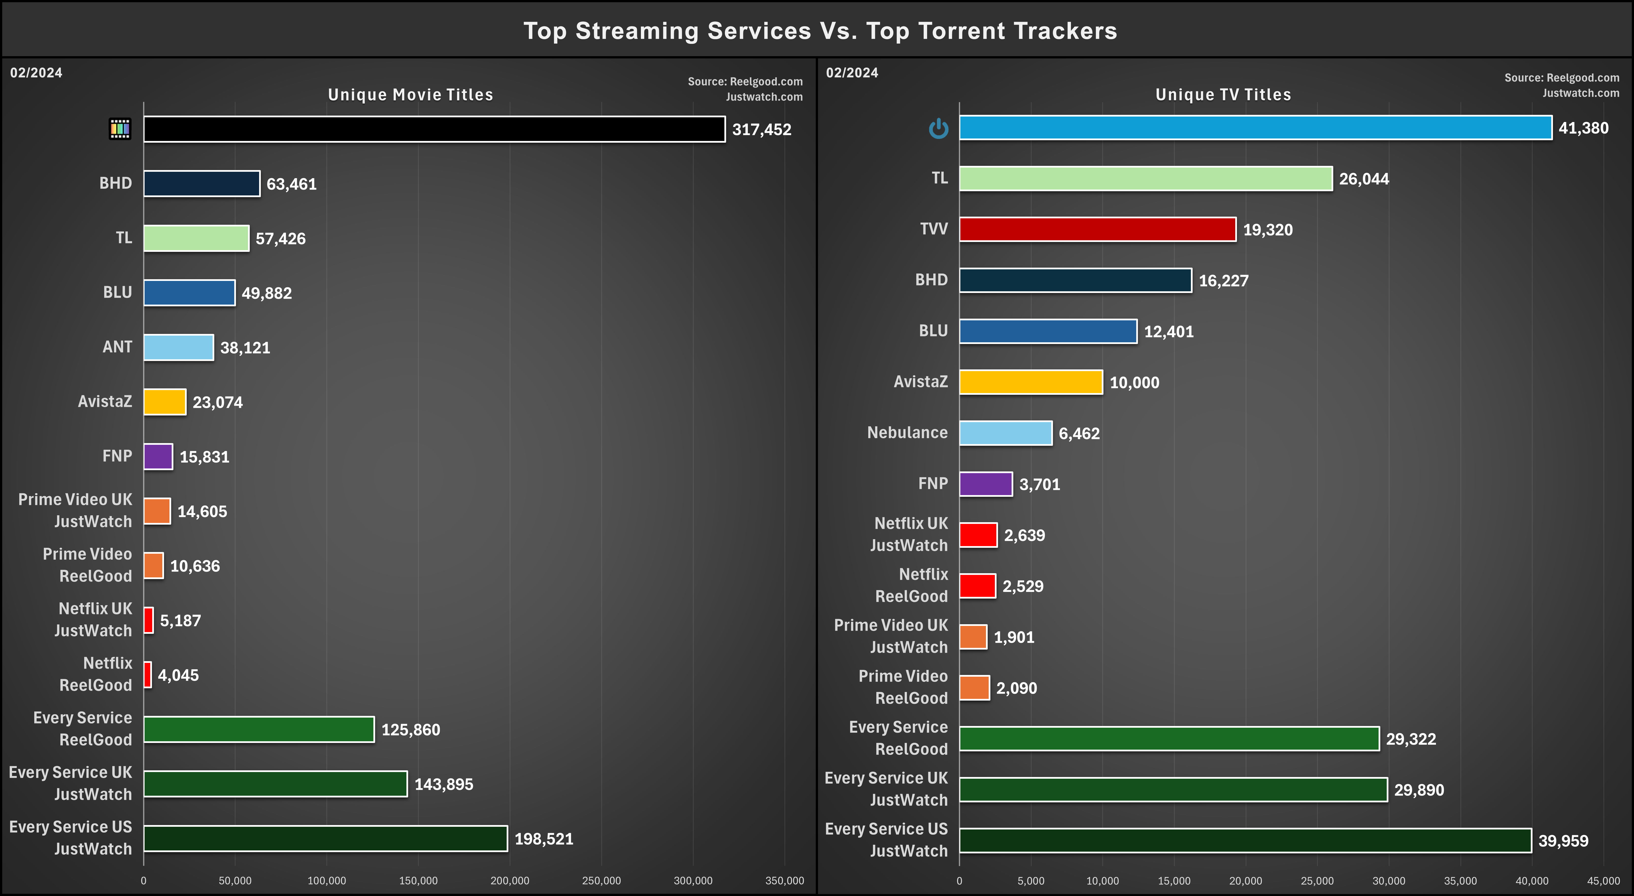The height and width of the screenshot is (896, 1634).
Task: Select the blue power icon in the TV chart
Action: pos(938,129)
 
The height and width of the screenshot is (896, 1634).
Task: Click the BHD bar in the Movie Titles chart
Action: pos(202,183)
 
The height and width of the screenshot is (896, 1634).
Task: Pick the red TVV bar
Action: pos(1097,229)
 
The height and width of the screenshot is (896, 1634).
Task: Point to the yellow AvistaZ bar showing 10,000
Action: pos(1031,382)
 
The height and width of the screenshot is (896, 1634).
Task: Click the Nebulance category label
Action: pos(907,433)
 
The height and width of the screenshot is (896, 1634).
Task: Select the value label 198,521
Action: pos(544,839)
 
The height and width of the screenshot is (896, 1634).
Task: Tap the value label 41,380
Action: pos(1583,128)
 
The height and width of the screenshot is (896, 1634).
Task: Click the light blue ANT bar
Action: pos(178,347)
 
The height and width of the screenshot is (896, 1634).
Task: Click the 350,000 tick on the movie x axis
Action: pos(785,881)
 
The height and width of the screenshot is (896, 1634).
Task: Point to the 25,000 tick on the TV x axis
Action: pos(1317,881)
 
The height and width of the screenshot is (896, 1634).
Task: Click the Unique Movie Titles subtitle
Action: pos(410,95)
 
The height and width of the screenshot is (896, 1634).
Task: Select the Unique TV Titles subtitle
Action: pos(1223,95)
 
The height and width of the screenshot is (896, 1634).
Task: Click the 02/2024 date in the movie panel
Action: pos(36,72)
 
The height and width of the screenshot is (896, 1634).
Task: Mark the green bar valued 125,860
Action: pos(259,729)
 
